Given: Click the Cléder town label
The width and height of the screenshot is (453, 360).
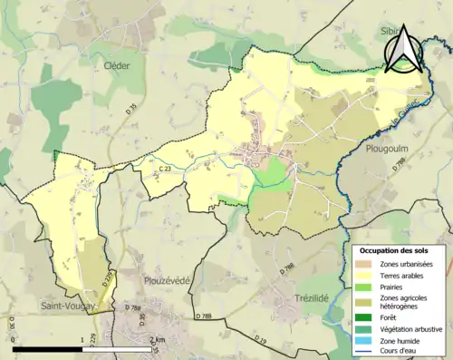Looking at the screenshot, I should click(117, 65).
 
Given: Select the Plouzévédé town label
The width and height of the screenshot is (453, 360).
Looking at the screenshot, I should click(166, 280).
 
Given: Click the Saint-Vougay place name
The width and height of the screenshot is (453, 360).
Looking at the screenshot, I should click(70, 307).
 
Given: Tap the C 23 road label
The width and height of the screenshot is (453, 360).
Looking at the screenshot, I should click(165, 169).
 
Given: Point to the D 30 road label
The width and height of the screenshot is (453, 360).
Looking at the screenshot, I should click(12, 323).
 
